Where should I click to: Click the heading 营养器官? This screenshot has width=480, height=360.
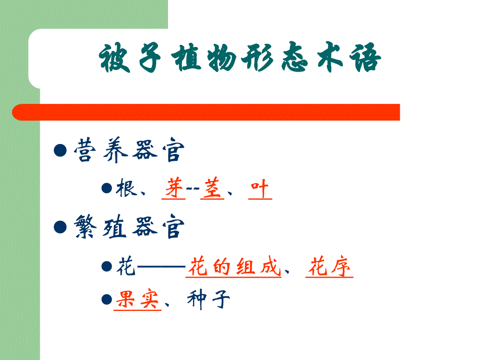click(129, 152)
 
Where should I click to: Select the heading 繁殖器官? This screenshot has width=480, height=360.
click(129, 228)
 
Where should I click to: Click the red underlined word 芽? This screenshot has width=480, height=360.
click(174, 189)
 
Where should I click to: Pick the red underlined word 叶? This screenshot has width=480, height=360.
click(260, 189)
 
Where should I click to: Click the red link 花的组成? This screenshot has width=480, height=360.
click(234, 268)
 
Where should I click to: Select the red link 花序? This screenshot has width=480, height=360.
click(329, 268)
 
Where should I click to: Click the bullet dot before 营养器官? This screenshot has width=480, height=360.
click(61, 151)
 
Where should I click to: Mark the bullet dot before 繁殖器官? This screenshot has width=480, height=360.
click(61, 227)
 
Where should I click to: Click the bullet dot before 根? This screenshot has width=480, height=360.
click(106, 188)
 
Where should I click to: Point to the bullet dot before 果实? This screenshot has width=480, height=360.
click(106, 299)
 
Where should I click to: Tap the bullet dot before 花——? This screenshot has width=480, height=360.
click(106, 266)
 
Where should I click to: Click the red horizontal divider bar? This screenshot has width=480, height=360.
click(206, 112)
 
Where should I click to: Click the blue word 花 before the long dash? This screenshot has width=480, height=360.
click(125, 268)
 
